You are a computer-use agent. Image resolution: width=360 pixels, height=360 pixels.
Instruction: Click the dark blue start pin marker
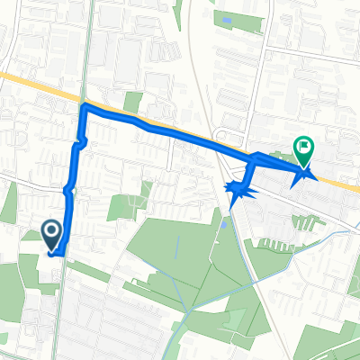pos(52,236)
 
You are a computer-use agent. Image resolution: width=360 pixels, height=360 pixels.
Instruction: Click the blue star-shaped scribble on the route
pos(238,190)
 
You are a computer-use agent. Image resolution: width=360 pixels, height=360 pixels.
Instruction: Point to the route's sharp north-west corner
pos(85,107)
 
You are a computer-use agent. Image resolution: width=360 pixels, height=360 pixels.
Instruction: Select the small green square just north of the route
pos(133,102)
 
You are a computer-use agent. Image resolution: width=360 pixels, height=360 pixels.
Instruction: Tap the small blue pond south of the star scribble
pos(224,221)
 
